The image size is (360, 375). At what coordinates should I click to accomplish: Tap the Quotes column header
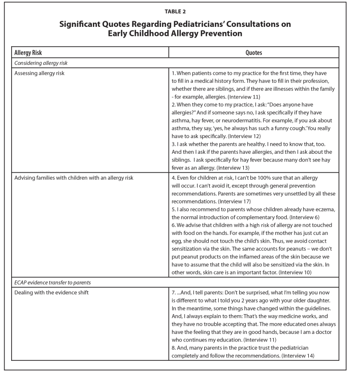pyautogui.click(x=254, y=52)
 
